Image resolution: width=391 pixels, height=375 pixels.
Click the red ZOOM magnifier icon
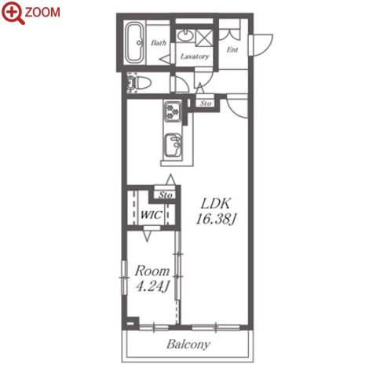pos(13,13)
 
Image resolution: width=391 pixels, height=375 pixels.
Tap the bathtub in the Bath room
pos(134,43)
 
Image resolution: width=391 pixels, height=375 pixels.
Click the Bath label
pos(159,42)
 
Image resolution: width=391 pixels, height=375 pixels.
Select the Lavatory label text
pos(195,56)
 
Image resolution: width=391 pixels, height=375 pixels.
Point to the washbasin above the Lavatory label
pos(185,35)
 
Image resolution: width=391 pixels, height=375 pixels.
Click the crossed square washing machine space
pos(204,38)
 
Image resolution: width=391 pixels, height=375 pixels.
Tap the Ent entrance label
pos(232,49)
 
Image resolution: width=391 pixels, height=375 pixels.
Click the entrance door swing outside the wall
pos(261,45)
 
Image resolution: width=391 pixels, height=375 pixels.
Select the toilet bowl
pos(141,83)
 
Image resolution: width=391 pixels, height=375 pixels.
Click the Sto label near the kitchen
pos(206,104)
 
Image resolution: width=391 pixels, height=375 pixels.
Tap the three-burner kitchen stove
pos(172,111)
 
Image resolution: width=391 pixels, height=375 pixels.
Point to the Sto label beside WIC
pos(166,195)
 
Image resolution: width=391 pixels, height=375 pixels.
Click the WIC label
pos(151,215)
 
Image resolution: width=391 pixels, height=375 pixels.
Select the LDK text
pos(215,204)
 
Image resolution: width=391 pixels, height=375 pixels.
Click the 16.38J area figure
pos(216,219)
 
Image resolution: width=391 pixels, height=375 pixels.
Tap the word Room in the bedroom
pos(152,271)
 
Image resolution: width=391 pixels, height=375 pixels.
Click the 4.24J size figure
pos(153,286)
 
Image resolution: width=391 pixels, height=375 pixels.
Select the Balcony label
pos(188,344)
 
